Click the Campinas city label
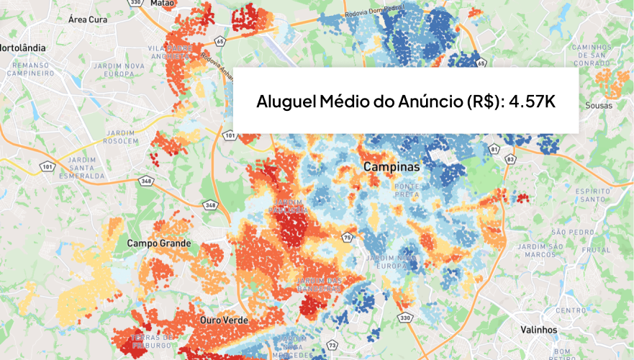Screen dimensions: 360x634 click(x=391, y=166)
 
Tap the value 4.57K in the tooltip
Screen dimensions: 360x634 click(x=532, y=102)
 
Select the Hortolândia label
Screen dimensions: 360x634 click(x=22, y=48)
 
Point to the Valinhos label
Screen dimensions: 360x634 click(x=539, y=329)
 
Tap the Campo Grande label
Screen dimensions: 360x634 click(x=159, y=243)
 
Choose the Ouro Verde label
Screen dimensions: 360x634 click(x=225, y=320)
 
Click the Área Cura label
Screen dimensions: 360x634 click(x=87, y=19)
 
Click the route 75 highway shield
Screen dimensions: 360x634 click(x=347, y=237)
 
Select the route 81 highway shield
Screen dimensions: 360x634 click(x=494, y=149)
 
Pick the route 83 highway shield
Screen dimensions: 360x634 click(x=511, y=158)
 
